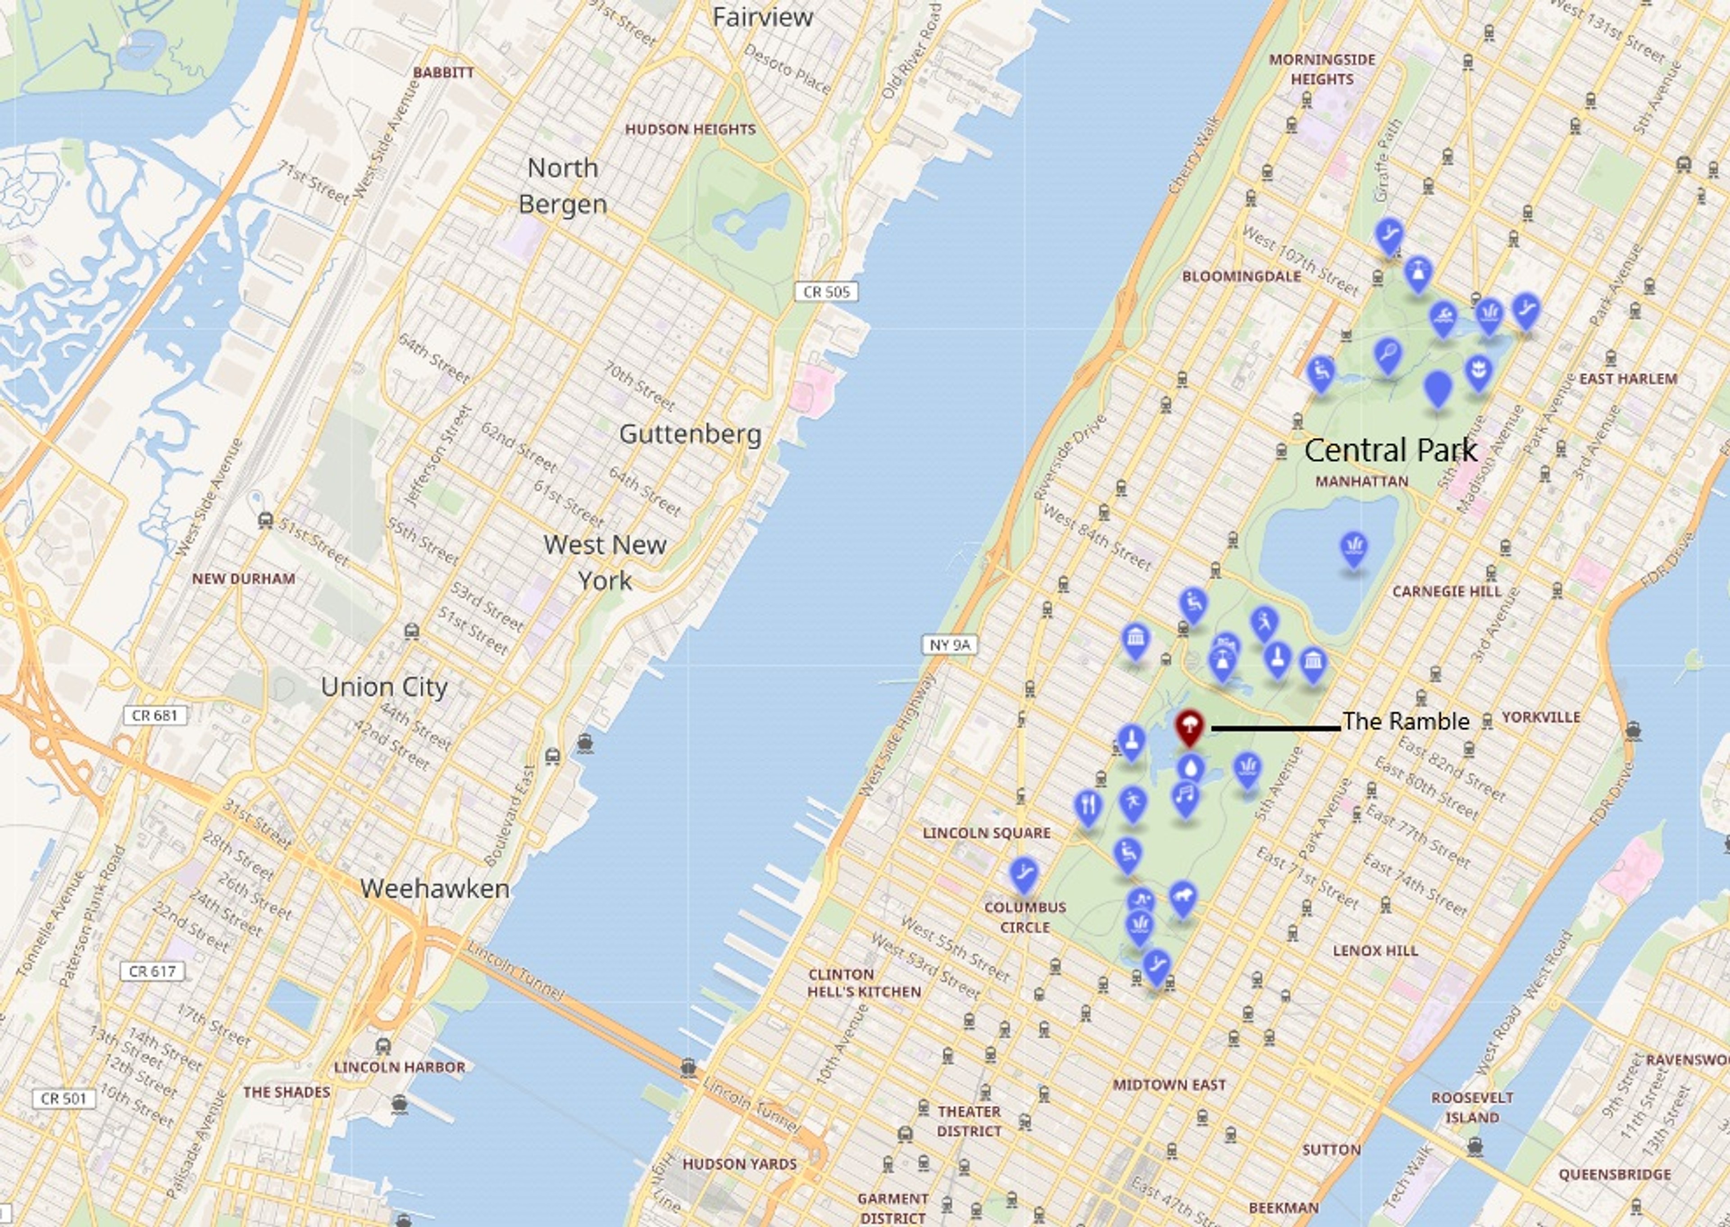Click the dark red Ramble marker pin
click(1189, 727)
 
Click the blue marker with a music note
click(1185, 796)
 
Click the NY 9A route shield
click(950, 644)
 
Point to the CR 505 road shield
click(826, 292)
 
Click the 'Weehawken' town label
click(434, 889)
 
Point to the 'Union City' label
click(384, 687)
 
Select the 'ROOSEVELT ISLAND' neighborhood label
click(1472, 1107)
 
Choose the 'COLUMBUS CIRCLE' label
click(1025, 917)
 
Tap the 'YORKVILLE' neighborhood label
click(1540, 717)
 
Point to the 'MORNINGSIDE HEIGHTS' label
click(1322, 69)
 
